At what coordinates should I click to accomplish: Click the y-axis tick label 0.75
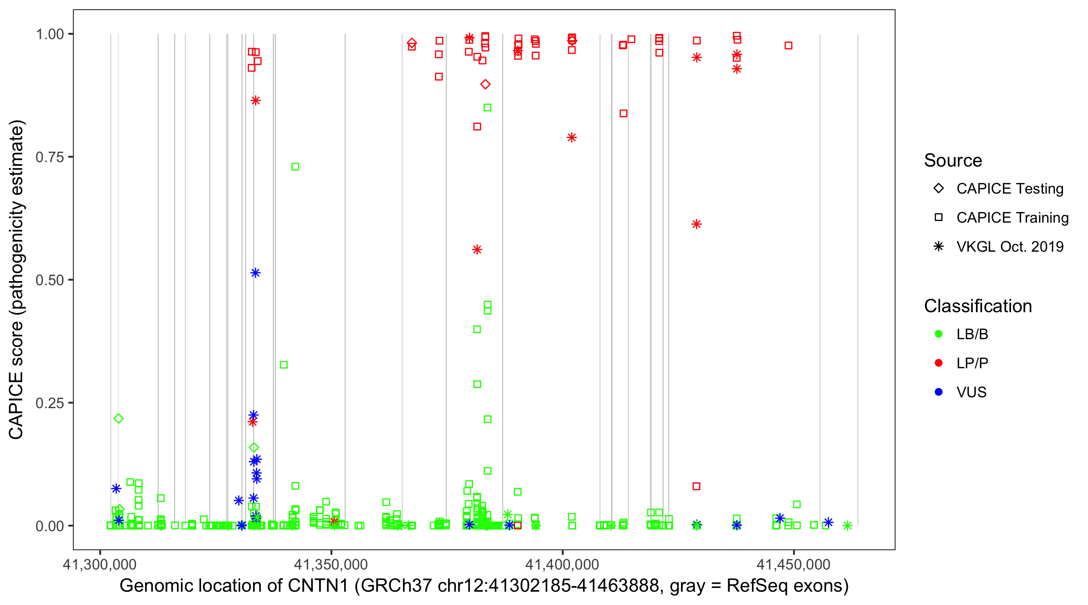tap(49, 157)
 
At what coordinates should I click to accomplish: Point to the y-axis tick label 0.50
tap(49, 280)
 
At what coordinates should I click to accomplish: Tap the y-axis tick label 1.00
tap(49, 34)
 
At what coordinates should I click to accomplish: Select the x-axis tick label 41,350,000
tap(331, 564)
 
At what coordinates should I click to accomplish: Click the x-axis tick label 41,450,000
tap(793, 564)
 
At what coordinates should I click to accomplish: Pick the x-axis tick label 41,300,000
tap(100, 564)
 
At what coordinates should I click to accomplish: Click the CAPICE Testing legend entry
tap(1009, 189)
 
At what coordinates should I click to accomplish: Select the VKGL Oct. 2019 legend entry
tap(1009, 246)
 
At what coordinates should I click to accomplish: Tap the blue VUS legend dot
tap(939, 392)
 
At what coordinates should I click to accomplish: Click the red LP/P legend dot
tap(939, 363)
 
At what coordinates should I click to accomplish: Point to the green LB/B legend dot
tap(939, 334)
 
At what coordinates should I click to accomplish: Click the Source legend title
tap(953, 161)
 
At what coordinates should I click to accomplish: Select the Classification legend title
tap(978, 306)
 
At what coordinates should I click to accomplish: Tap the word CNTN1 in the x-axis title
tap(318, 586)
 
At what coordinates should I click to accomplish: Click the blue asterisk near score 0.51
tap(255, 273)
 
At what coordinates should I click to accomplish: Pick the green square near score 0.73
tap(295, 167)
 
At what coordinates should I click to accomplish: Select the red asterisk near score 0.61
tap(696, 224)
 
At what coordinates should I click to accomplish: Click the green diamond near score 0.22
tap(119, 419)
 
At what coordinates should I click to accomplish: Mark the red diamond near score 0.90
tap(485, 85)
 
